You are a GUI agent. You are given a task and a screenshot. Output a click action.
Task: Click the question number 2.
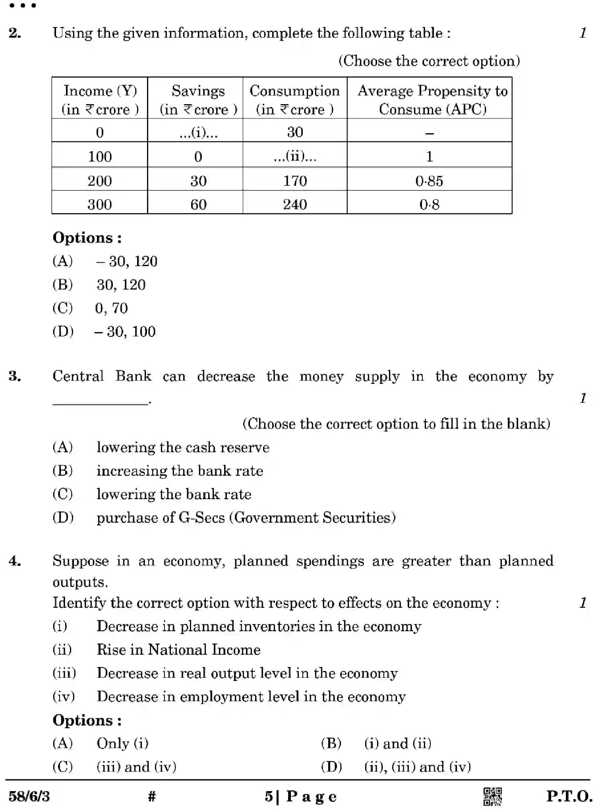click(15, 33)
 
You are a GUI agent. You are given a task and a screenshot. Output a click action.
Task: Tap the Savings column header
click(198, 99)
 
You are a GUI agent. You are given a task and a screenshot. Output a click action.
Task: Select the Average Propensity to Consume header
click(432, 99)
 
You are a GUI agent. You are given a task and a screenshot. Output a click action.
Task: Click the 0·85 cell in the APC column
click(429, 181)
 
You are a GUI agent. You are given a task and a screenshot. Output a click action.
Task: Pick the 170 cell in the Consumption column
click(295, 181)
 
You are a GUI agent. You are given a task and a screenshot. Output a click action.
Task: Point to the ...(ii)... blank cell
click(295, 156)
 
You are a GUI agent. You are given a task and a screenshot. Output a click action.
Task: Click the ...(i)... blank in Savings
click(198, 132)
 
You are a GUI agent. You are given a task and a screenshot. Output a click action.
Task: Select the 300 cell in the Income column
click(99, 204)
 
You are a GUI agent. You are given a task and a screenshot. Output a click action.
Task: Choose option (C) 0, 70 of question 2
click(111, 308)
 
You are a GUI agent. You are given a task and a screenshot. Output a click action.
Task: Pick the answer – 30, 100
click(125, 331)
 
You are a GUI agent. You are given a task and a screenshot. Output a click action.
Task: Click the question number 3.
click(15, 376)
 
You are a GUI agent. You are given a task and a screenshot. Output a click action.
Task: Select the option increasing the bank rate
click(180, 471)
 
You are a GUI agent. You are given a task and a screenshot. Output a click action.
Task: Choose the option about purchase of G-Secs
click(246, 517)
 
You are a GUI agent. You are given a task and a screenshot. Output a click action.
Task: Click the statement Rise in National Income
click(178, 650)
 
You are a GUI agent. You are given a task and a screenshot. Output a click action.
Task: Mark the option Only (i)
click(122, 743)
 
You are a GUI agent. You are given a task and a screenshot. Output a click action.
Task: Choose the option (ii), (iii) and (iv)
click(417, 766)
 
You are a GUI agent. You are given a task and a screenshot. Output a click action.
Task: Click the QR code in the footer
click(492, 796)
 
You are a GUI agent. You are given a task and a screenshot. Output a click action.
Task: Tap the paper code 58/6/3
click(29, 796)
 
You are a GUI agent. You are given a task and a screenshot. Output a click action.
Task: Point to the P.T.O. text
click(569, 796)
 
